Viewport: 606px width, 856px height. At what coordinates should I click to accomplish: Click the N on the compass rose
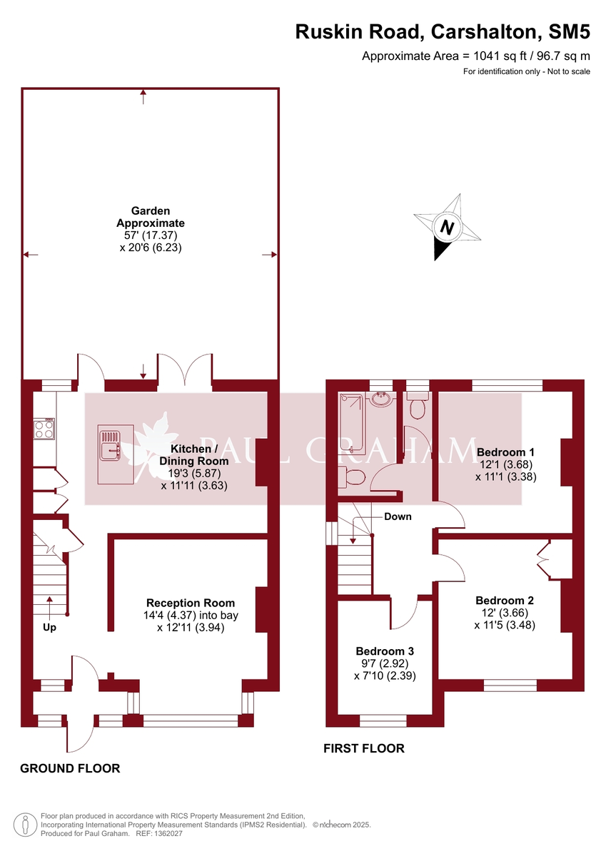tap(447, 228)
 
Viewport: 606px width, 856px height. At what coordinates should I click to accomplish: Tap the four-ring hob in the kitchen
tap(44, 429)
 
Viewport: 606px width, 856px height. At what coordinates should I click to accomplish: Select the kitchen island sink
tap(110, 445)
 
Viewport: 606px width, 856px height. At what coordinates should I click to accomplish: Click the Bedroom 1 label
tap(505, 452)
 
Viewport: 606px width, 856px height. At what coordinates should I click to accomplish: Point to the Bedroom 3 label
tap(385, 651)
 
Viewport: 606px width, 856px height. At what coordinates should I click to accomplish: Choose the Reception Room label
tap(191, 603)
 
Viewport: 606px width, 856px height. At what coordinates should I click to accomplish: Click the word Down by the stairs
tap(398, 516)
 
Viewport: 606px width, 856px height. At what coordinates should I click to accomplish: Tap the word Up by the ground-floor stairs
tap(49, 628)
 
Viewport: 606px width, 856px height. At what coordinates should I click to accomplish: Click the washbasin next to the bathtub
tap(381, 399)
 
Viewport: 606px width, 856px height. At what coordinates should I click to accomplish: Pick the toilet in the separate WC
tap(417, 405)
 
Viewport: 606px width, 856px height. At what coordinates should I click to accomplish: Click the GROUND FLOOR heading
tap(70, 768)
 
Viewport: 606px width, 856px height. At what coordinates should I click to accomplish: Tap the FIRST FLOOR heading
tap(363, 748)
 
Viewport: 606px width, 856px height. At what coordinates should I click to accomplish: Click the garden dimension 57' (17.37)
tap(151, 235)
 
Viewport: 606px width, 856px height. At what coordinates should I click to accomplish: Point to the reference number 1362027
tap(168, 833)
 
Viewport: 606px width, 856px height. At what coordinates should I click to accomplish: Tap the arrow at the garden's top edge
tap(143, 97)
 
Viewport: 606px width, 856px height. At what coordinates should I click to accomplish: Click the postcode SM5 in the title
tap(570, 32)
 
